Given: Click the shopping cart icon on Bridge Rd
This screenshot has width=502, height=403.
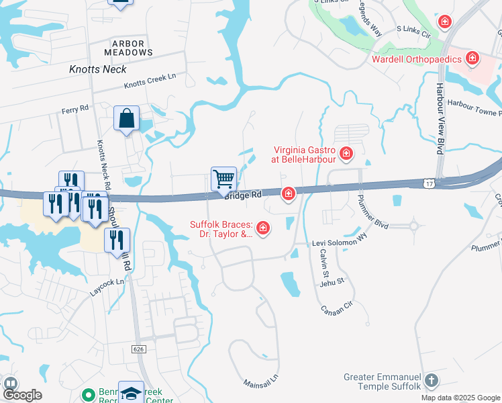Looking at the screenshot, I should click(x=223, y=179).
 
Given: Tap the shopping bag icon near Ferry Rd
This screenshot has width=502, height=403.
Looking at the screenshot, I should click(x=126, y=120).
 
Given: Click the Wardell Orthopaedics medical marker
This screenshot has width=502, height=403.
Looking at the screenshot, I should click(x=472, y=59).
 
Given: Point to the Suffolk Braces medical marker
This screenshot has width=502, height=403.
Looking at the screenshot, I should click(x=263, y=229).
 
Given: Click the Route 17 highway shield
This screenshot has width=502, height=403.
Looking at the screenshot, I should click(x=429, y=182).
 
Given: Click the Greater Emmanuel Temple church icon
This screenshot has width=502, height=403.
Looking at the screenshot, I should click(x=431, y=382).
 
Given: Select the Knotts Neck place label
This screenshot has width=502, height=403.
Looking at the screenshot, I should click(x=98, y=69).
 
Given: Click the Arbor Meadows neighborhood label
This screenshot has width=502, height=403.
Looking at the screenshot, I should click(x=128, y=47).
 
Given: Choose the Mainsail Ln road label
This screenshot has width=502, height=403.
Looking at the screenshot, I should click(x=260, y=379).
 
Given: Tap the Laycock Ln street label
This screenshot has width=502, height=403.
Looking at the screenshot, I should click(x=107, y=287).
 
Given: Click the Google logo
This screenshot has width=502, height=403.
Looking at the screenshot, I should click(x=22, y=395).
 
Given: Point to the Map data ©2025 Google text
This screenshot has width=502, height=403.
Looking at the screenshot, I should click(x=460, y=398).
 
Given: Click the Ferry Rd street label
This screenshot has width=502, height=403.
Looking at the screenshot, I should click(x=75, y=108).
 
